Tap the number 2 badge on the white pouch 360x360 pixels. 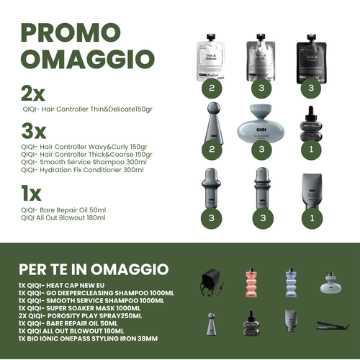(x=211, y=89)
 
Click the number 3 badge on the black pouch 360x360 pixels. (x=312, y=89)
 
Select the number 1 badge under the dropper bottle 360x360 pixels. (x=312, y=149)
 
